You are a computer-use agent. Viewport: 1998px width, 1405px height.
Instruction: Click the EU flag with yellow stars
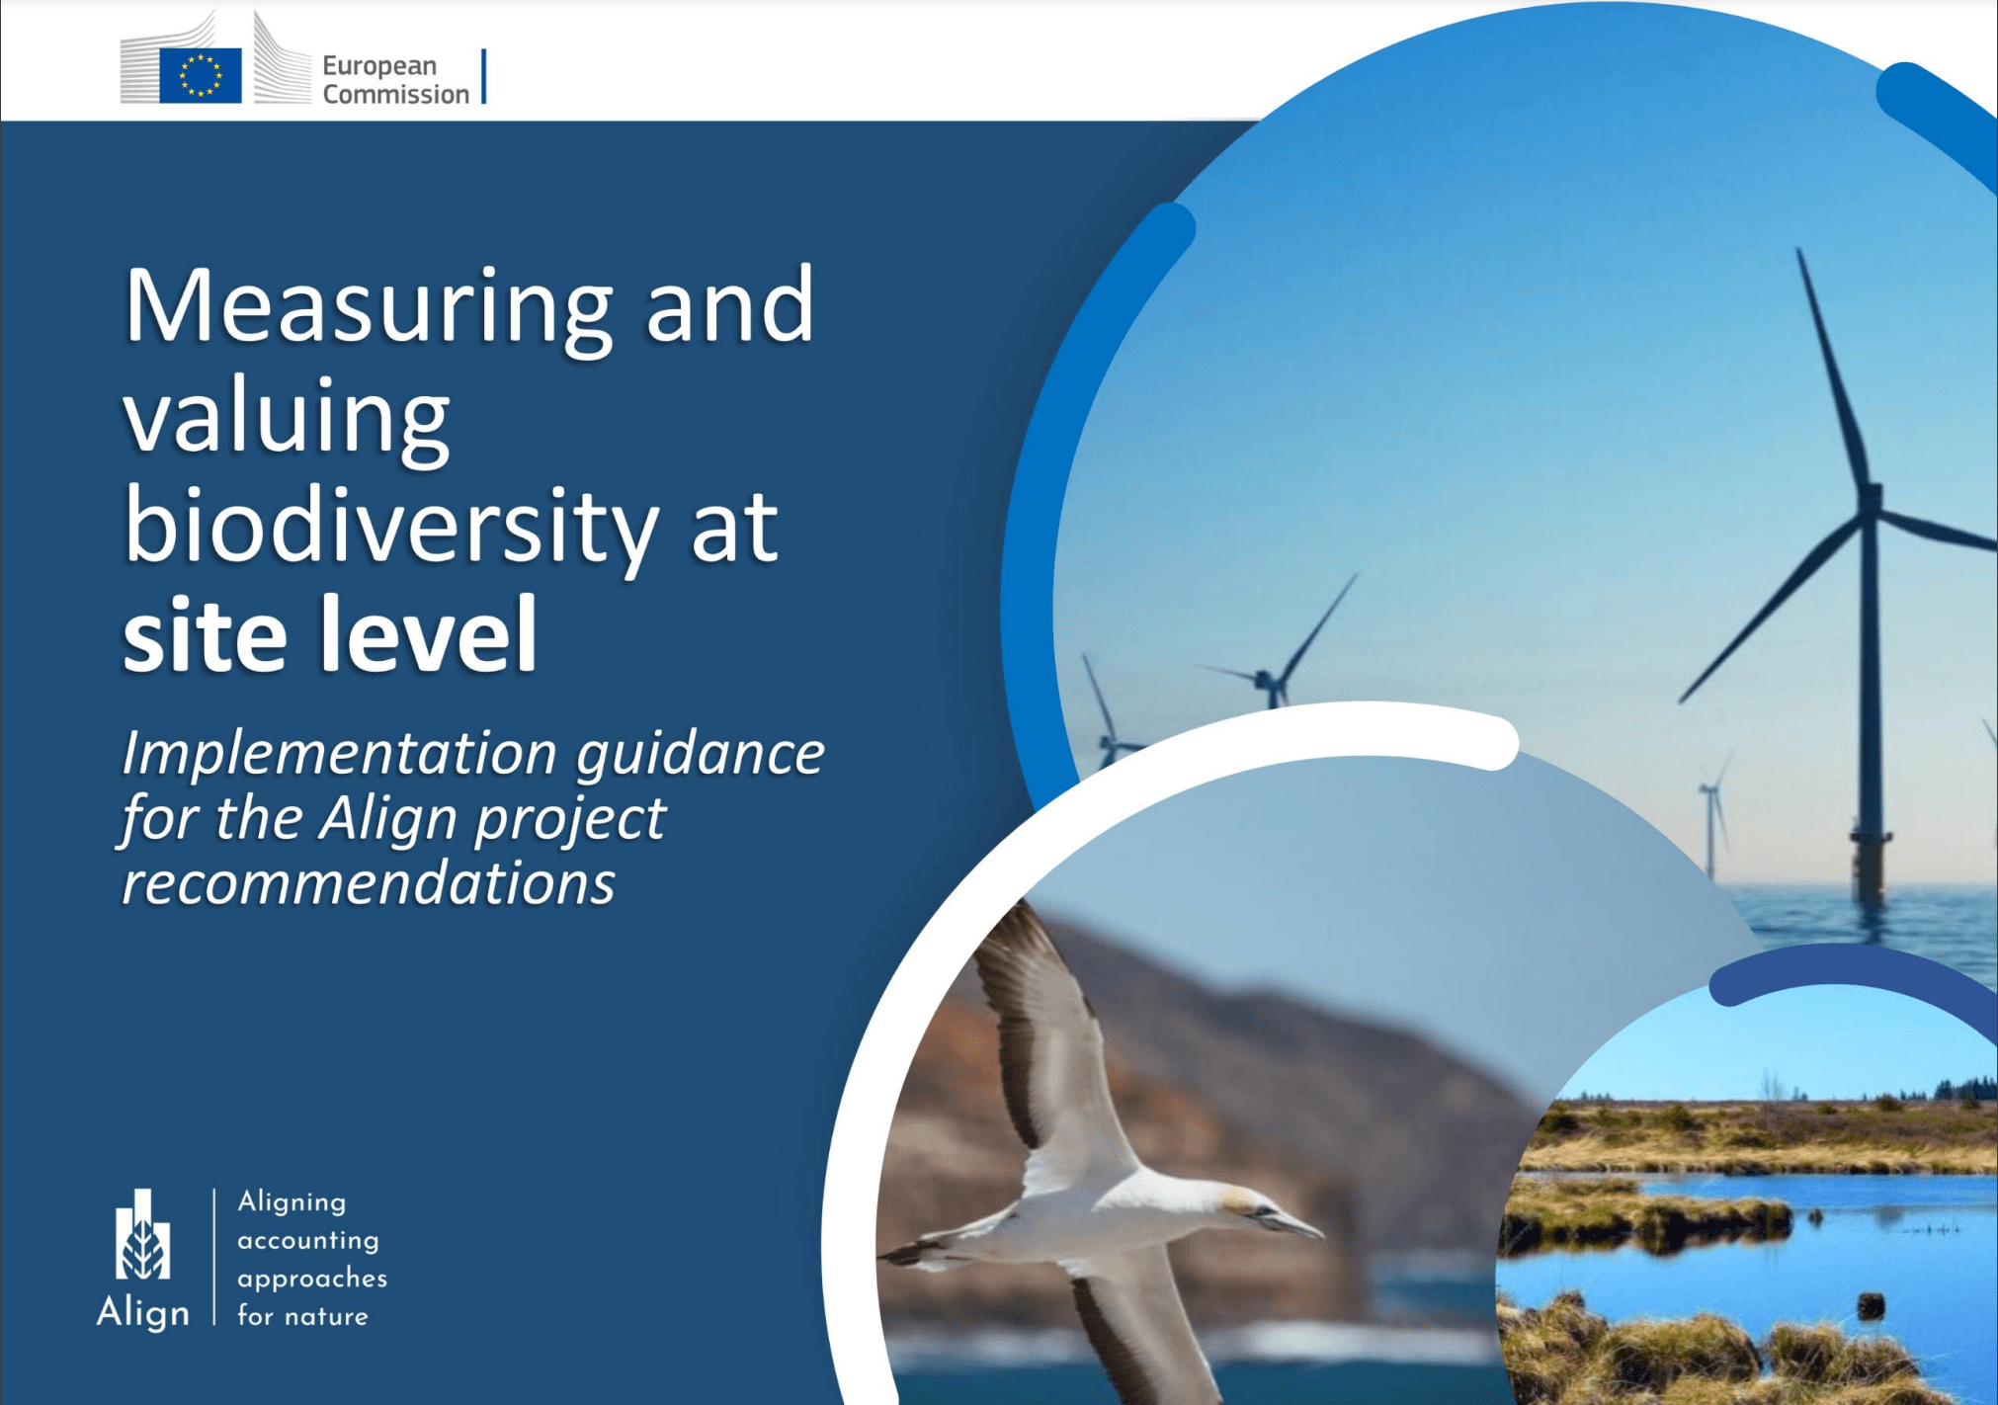[x=200, y=75]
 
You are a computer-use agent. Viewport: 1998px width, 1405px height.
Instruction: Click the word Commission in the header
[x=395, y=94]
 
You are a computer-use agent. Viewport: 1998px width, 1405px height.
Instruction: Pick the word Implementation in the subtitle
[x=339, y=753]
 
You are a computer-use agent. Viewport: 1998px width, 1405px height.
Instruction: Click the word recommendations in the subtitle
[x=369, y=881]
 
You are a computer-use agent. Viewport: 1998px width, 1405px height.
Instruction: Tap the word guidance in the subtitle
[x=701, y=755]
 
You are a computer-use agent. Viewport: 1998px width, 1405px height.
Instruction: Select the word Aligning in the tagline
[x=291, y=1201]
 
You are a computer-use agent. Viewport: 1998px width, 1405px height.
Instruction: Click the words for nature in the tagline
[x=302, y=1316]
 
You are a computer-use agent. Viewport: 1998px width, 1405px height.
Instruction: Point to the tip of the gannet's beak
[x=1320, y=1234]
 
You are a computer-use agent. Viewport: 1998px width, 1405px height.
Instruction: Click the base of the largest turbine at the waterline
[x=1869, y=894]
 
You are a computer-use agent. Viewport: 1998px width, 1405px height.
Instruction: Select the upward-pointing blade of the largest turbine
[x=1833, y=366]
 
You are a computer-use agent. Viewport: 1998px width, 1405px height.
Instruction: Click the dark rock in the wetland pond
[x=1871, y=1306]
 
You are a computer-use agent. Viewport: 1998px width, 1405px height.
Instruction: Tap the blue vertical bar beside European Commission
[x=484, y=76]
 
